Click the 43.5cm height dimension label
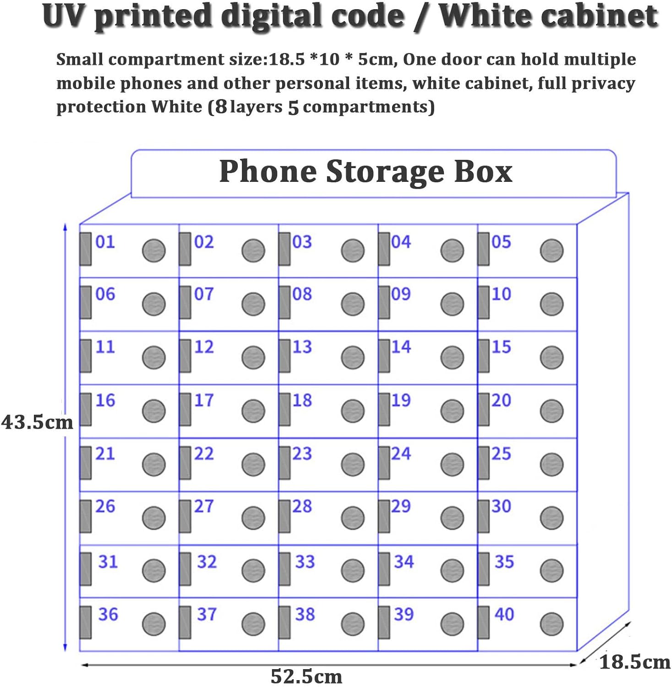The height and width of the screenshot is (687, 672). pyautogui.click(x=37, y=422)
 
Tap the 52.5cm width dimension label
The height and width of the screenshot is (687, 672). pyautogui.click(x=306, y=676)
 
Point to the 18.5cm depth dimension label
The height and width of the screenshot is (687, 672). pyautogui.click(x=635, y=662)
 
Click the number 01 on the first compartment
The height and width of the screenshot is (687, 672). pyautogui.click(x=105, y=241)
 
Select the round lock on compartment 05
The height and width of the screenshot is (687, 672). pyautogui.click(x=552, y=251)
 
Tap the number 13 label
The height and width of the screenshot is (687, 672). pyautogui.click(x=302, y=347)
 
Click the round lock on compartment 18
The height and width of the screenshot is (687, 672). pyautogui.click(x=353, y=411)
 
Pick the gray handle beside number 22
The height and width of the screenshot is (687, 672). pyautogui.click(x=185, y=463)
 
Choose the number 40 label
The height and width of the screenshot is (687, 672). pyautogui.click(x=504, y=614)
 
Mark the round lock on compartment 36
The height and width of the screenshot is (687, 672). pyautogui.click(x=153, y=624)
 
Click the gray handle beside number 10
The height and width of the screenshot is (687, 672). pyautogui.click(x=483, y=302)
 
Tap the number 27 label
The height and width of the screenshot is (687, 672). pyautogui.click(x=204, y=506)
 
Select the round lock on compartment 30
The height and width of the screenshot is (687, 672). pyautogui.click(x=552, y=518)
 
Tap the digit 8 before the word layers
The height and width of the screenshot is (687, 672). pyautogui.click(x=221, y=107)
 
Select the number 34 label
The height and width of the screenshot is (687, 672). pyautogui.click(x=404, y=562)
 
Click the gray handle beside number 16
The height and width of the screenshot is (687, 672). pyautogui.click(x=86, y=409)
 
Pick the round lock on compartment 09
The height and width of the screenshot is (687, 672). pyautogui.click(x=452, y=304)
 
